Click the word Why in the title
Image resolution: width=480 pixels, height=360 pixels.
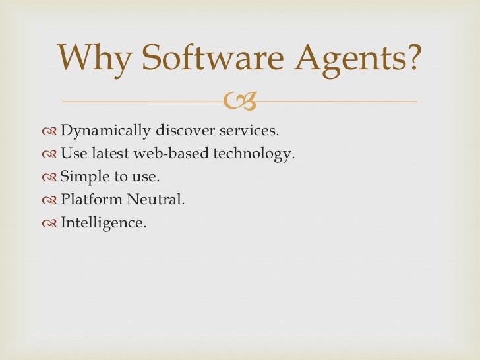[94, 59]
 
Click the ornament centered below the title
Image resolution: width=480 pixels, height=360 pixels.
[240, 101]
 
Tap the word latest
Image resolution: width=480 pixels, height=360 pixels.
[105, 154]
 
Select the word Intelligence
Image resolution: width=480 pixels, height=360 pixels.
[103, 224]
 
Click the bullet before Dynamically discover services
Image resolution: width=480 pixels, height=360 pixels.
[49, 131]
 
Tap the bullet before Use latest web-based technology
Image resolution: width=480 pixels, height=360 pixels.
[49, 154]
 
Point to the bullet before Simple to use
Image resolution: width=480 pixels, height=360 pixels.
[49, 177]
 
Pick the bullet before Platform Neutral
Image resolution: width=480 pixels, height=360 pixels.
[49, 200]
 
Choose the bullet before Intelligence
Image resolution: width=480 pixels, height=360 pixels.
[49, 223]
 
